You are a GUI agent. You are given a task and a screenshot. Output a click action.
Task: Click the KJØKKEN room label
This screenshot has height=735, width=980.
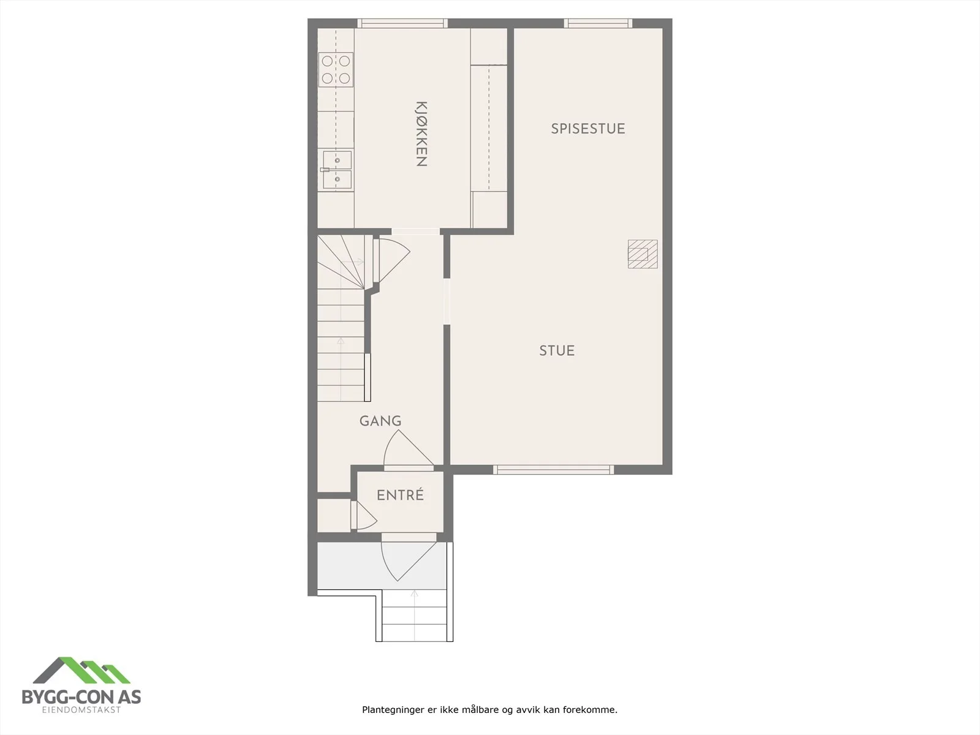tap(421, 134)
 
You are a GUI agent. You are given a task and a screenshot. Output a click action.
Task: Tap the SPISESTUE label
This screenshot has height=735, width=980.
tap(587, 129)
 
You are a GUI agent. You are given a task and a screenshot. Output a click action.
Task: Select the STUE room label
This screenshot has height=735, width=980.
tap(557, 351)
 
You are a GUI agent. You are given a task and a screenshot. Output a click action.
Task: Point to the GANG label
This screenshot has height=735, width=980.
tap(380, 421)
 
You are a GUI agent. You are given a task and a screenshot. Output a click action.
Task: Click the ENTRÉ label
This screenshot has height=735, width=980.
tap(400, 495)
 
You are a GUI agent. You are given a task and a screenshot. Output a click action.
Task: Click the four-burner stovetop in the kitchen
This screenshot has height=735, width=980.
tap(336, 70)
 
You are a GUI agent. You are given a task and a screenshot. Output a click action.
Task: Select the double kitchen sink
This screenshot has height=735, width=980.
tap(337, 170)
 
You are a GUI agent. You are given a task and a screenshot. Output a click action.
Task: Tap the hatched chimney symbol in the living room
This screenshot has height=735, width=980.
tap(643, 254)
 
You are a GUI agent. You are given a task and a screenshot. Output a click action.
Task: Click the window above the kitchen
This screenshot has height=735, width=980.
tap(402, 23)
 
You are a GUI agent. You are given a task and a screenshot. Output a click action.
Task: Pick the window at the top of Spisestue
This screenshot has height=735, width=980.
tap(598, 23)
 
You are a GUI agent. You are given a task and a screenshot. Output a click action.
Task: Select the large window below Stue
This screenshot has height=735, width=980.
tap(554, 469)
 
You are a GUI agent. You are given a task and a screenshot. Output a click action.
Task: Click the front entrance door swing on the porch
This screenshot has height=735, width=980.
tap(408, 561)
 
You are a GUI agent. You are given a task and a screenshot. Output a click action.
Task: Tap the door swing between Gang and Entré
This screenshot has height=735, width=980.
tap(408, 448)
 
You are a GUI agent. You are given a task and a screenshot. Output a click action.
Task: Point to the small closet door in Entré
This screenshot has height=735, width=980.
tap(365, 516)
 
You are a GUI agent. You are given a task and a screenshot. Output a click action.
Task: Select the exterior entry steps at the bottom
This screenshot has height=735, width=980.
tap(415, 616)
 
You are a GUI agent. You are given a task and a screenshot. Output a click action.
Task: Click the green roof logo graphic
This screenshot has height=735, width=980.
tap(81, 671)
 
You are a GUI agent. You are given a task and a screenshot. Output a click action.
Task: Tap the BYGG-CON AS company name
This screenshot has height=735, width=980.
tap(81, 696)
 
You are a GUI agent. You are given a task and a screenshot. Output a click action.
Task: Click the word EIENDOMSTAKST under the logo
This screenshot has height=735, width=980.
tap(81, 710)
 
